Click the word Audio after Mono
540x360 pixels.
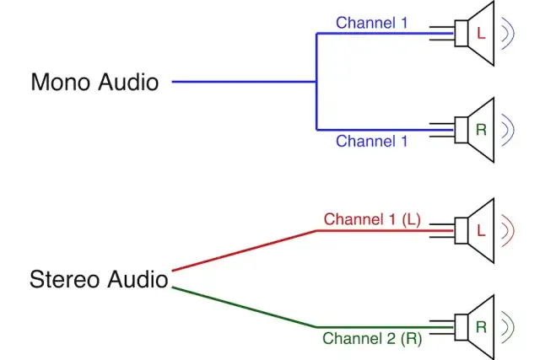pyautogui.click(x=127, y=83)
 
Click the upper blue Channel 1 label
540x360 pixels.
pyautogui.click(x=371, y=23)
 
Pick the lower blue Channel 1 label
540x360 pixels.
pyautogui.click(x=371, y=141)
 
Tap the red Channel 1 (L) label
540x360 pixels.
pyautogui.click(x=371, y=220)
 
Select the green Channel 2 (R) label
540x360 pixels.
pyautogui.click(x=371, y=338)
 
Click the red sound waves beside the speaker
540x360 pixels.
pyautogui.click(x=509, y=229)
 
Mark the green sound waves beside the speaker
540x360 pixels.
pyautogui.click(x=509, y=327)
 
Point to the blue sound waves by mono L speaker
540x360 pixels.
pyautogui.click(x=509, y=34)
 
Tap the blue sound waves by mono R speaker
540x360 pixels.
pyautogui.click(x=509, y=130)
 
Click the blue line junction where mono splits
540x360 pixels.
pyautogui.click(x=316, y=82)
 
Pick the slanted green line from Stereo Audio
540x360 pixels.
pyautogui.click(x=245, y=308)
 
